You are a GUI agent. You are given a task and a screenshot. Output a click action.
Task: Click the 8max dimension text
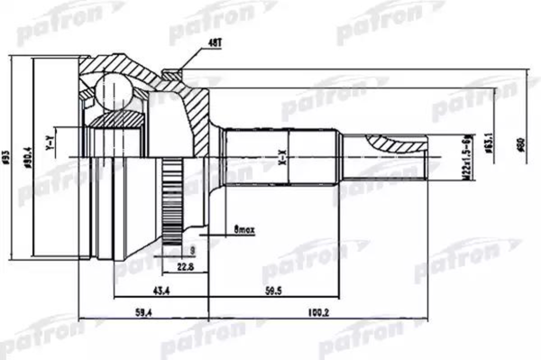(243, 231)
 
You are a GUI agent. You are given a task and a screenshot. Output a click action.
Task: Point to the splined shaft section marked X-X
(280, 159)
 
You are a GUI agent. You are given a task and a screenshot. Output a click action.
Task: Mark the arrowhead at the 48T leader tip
(180, 68)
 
